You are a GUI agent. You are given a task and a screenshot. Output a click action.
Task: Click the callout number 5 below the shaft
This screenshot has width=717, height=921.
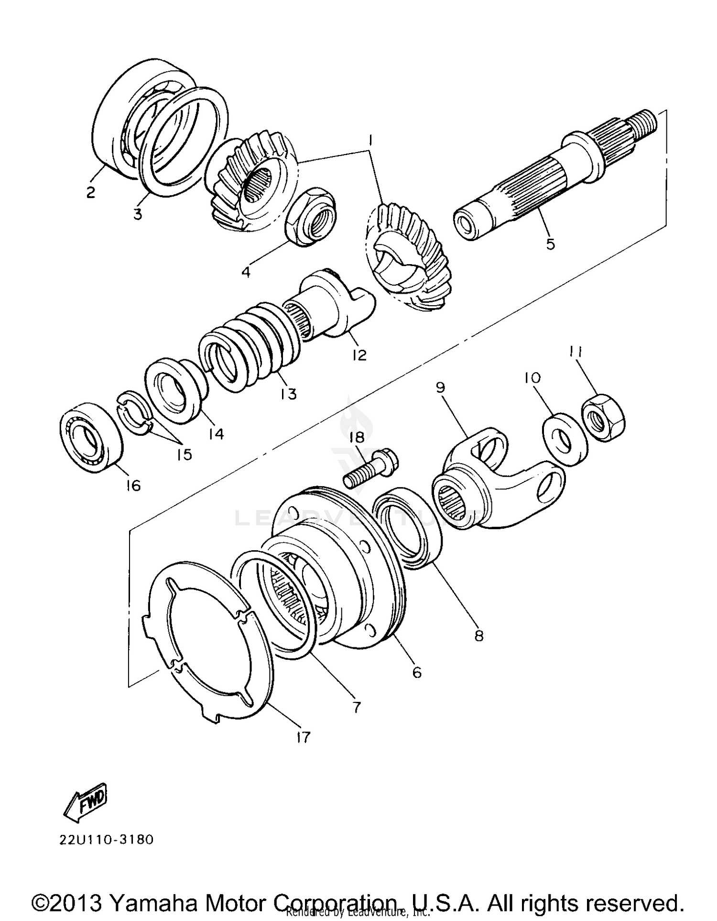[550, 244]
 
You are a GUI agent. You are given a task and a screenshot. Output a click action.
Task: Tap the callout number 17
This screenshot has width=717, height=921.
[303, 737]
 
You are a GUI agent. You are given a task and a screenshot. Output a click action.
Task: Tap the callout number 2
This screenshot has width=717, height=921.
[90, 192]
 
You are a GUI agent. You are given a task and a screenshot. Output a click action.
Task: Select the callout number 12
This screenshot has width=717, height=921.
[359, 355]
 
